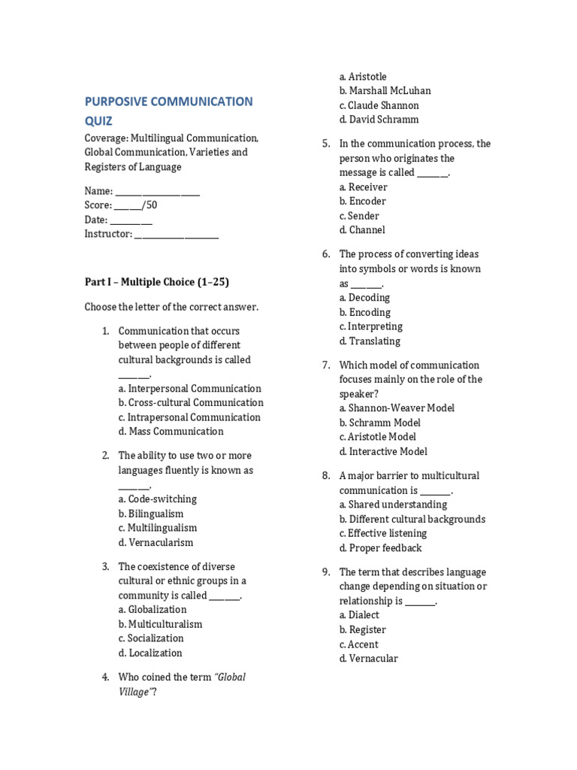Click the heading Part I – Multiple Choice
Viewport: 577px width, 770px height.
156,282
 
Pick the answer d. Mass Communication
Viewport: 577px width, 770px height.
171,432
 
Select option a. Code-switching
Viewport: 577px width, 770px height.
158,499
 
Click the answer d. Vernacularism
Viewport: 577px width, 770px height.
156,542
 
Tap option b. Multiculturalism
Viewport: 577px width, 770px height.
160,624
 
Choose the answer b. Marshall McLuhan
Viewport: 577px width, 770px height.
385,91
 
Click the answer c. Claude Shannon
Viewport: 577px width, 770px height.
379,105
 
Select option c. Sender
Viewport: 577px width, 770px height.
358,216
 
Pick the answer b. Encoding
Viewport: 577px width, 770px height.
364,312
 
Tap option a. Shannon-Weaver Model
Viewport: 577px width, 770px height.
397,408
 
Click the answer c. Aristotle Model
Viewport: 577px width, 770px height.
377,437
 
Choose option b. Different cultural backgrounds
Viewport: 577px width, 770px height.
412,520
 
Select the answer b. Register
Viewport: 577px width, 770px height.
362,630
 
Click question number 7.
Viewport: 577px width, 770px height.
326,365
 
